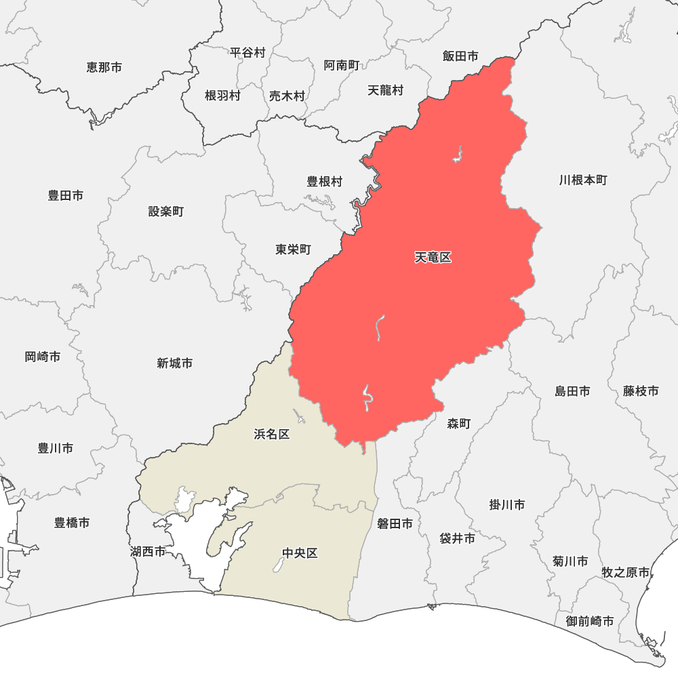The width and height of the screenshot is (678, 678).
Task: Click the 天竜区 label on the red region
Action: tap(433, 258)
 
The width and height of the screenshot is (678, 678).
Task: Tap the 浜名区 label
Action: tap(272, 434)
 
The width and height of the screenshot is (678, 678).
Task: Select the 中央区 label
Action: tap(300, 553)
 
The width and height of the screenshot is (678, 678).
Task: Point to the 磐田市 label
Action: tap(395, 523)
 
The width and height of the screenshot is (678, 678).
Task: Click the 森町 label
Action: tap(459, 424)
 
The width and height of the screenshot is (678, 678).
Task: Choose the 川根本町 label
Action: tap(583, 180)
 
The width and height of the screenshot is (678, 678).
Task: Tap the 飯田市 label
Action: tap(460, 56)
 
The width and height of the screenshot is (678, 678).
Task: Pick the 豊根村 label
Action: tap(325, 182)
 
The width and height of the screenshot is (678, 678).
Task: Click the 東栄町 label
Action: tap(293, 250)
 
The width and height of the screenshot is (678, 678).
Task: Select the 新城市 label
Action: tap(174, 363)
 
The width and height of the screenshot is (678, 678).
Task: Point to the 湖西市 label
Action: tap(148, 552)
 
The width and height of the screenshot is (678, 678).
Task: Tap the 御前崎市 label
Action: tap(590, 621)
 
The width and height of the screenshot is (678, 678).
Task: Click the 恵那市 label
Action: tap(104, 68)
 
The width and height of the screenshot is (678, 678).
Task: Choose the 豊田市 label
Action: tap(66, 195)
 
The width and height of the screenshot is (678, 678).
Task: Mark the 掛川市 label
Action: tap(507, 505)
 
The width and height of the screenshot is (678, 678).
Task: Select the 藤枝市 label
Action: tap(641, 391)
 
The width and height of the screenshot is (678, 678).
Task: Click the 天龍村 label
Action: tap(385, 90)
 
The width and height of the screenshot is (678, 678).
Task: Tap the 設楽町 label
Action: tap(166, 212)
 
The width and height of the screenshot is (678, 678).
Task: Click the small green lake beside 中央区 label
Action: tap(278, 564)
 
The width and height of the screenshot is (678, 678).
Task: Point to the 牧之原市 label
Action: tap(626, 573)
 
